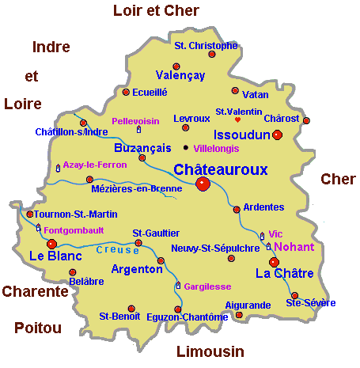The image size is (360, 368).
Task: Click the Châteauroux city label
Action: pos(220,169)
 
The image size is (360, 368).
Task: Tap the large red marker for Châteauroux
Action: pos(202,184)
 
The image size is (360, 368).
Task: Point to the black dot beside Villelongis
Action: pos(186,147)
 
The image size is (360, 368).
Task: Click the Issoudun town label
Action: pos(238,135)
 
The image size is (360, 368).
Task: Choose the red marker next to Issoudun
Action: pos(277,135)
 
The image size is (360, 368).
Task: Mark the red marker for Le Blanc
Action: pos(52,244)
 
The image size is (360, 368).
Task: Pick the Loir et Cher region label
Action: pos(156,10)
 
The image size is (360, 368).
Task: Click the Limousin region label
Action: pos(209,351)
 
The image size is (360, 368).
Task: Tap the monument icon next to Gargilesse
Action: pos(178,285)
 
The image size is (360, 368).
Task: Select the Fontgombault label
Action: pos(74,231)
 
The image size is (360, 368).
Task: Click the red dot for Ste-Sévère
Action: pos(294,295)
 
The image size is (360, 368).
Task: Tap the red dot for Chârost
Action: pos(306,120)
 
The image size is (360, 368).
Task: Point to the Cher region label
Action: pos(338,179)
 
